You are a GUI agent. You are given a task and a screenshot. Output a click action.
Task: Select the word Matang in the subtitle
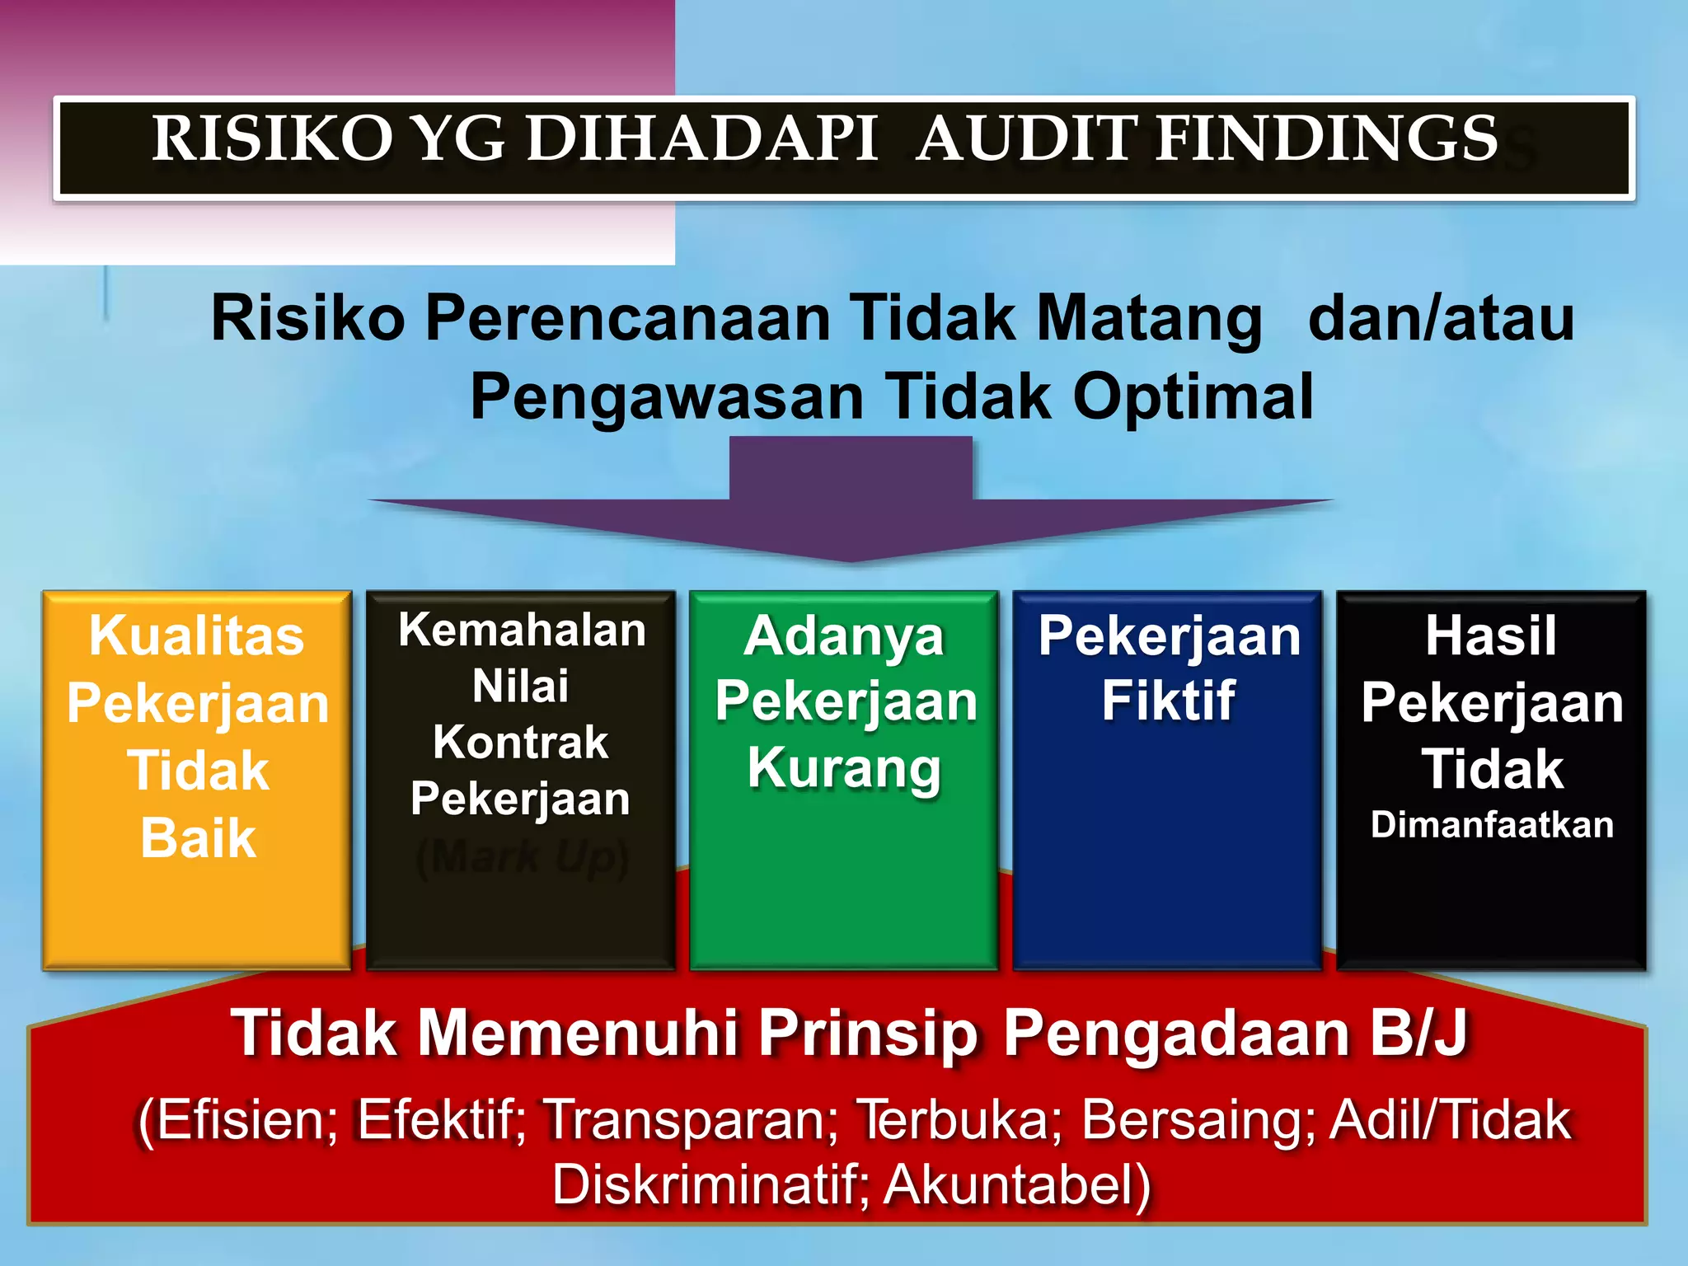tap(1149, 318)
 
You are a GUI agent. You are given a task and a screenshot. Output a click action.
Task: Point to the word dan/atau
tap(1442, 318)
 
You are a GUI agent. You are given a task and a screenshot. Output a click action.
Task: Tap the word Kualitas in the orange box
tap(197, 636)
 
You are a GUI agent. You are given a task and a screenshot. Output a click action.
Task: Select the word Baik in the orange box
tap(198, 838)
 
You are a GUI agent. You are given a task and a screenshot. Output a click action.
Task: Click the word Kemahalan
tap(522, 631)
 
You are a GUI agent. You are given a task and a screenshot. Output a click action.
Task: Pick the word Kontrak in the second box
tap(521, 743)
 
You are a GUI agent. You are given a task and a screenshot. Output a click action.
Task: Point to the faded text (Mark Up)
tap(523, 857)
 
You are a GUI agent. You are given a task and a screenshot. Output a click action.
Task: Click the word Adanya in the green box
tap(844, 637)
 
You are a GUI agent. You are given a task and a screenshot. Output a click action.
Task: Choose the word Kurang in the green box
tap(844, 769)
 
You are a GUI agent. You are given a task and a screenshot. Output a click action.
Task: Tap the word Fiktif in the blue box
tap(1169, 701)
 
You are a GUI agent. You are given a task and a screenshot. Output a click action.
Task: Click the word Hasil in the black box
tap(1491, 636)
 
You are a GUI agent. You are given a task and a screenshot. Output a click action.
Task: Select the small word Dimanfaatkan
tap(1492, 826)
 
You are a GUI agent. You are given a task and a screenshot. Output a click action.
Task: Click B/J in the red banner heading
tap(1418, 1033)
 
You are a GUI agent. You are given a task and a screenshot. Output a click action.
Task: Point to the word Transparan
tap(692, 1120)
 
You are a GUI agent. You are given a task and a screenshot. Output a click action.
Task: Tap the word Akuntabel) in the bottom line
tap(1017, 1185)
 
